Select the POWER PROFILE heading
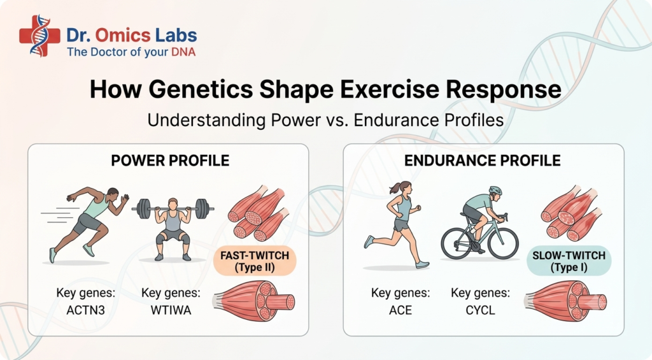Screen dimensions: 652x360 [170, 161]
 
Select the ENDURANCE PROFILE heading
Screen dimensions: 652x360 [483, 161]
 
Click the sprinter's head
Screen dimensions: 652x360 [113, 195]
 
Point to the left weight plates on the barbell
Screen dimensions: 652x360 [144, 208]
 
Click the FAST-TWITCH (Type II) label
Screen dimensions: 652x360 [255, 261]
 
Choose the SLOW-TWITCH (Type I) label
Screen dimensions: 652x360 [569, 261]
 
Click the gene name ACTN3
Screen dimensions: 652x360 [86, 310]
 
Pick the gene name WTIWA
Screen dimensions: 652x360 [171, 310]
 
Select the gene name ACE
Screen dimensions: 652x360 [400, 310]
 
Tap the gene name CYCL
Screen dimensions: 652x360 [480, 310]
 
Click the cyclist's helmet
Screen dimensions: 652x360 [495, 191]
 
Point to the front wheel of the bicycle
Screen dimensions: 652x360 [504, 243]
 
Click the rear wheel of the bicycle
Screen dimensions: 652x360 [456, 243]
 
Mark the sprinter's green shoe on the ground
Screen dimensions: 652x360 [52, 255]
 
